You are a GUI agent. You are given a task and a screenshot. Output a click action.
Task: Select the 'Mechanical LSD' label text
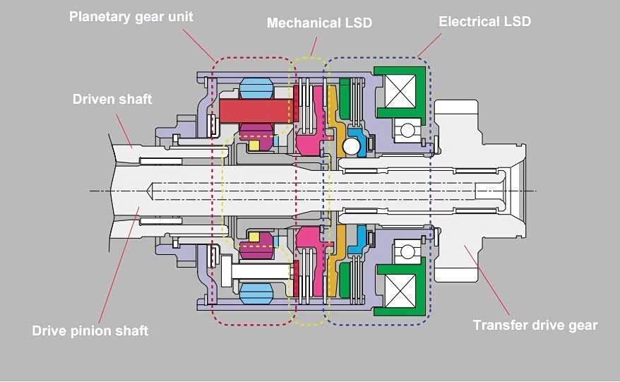pos(318,23)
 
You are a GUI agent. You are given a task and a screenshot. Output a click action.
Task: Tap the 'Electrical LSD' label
pos(484,21)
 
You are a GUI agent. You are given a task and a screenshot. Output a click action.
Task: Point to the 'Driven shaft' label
pos(112,99)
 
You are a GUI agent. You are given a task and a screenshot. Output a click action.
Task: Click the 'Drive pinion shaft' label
pos(90,330)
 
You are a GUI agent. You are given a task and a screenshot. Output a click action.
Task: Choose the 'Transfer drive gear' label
pos(535,326)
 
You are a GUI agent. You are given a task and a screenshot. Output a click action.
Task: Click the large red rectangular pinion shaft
pos(256,110)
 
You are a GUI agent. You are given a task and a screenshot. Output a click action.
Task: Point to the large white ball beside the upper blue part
pos(350,146)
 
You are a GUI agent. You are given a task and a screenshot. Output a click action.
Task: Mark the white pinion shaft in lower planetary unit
pos(255,269)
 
